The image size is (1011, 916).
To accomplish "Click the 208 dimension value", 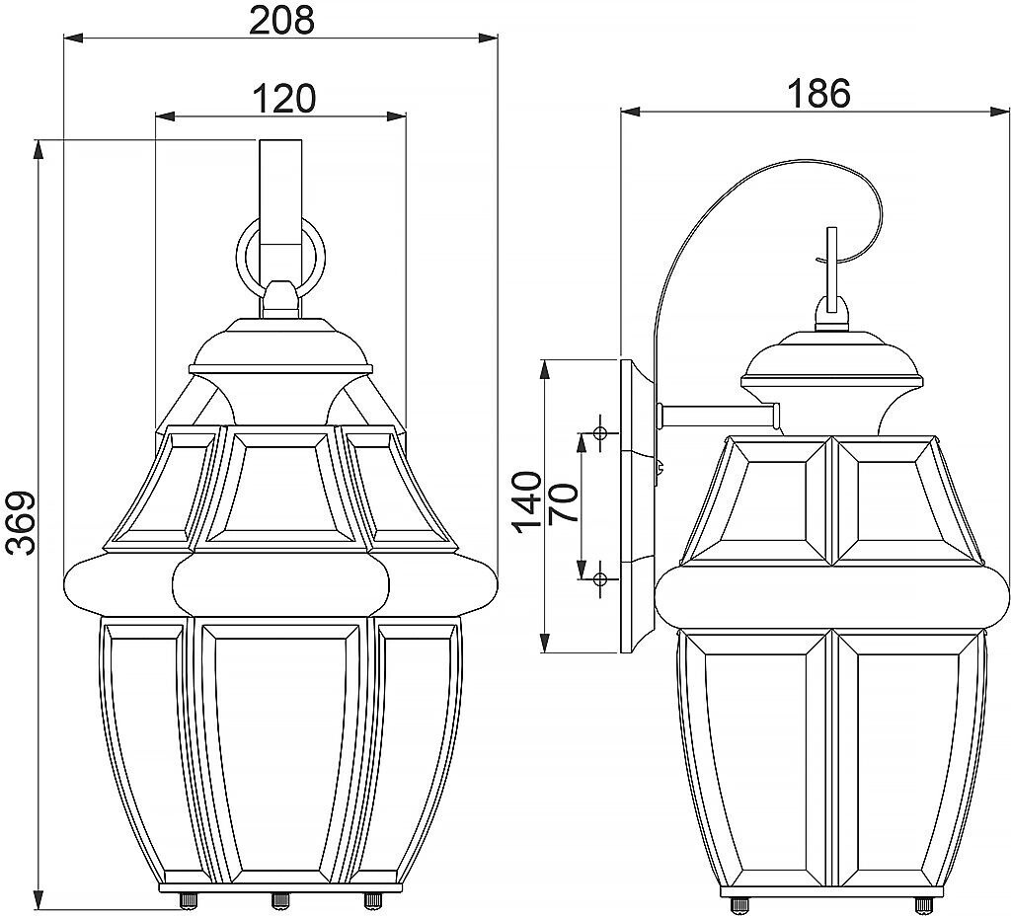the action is (281, 20).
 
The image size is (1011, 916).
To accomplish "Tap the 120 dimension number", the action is (283, 99).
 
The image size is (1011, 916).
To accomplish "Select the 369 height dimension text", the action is (22, 522).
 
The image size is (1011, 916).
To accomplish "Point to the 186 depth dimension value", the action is (819, 94).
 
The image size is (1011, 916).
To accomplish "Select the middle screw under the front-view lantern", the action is (279, 900).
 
